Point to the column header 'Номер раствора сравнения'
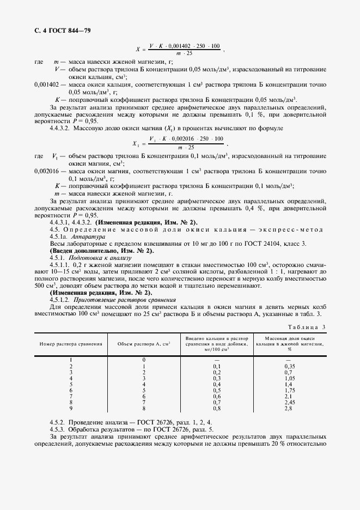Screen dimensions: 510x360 tap(70, 344)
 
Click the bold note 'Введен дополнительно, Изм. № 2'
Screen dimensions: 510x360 tap(102, 251)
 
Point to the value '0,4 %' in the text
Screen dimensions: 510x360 tap(249, 209)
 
